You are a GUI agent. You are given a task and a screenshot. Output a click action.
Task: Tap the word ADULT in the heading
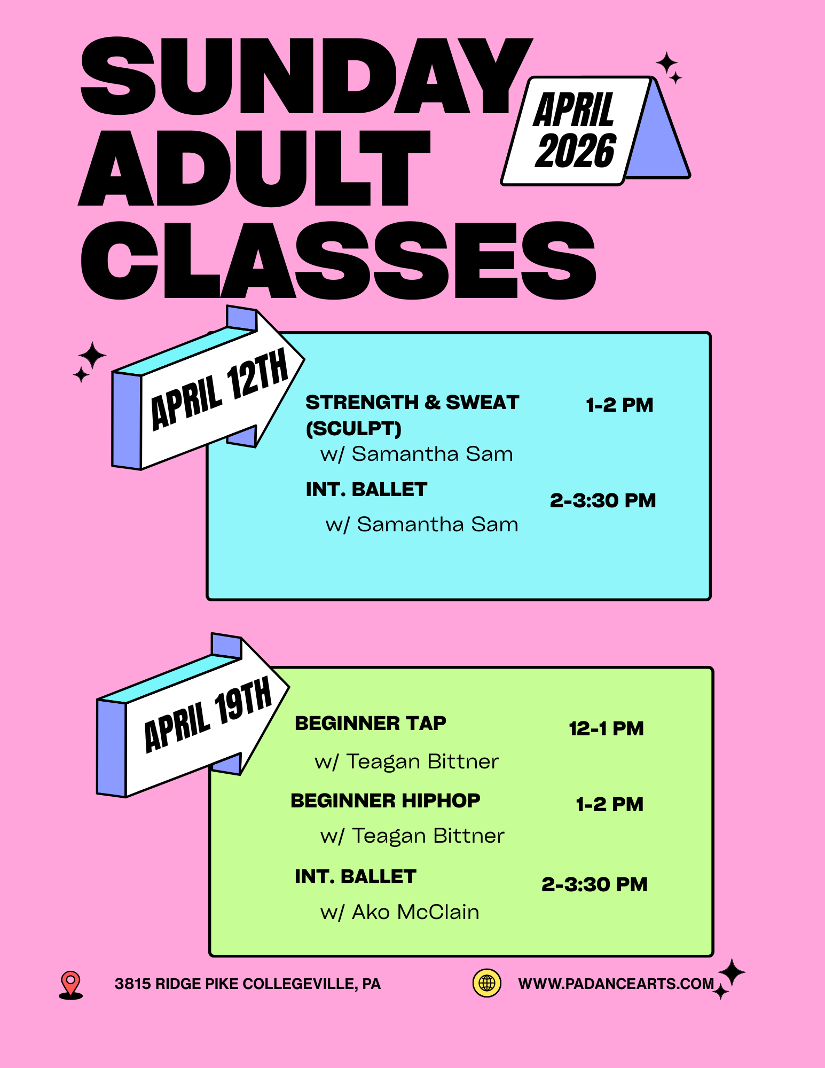pyautogui.click(x=254, y=169)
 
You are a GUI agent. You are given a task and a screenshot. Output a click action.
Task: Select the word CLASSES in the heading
pyautogui.click(x=337, y=261)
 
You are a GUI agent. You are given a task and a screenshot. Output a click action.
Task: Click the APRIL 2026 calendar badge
pyautogui.click(x=576, y=131)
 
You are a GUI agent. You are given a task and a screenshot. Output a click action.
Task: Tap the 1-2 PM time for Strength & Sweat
pyautogui.click(x=619, y=405)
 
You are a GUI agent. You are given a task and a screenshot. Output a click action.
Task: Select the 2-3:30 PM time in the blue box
pyautogui.click(x=603, y=500)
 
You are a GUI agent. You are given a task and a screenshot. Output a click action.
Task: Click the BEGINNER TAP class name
pyautogui.click(x=371, y=723)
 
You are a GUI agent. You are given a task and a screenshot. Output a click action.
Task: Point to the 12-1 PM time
pyautogui.click(x=606, y=728)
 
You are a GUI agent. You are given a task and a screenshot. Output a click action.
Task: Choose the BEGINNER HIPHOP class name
pyautogui.click(x=385, y=800)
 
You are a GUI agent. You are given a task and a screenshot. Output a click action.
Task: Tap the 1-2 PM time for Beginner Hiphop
pyautogui.click(x=609, y=804)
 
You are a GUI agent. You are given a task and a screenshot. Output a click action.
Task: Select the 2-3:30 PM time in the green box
pyautogui.click(x=594, y=884)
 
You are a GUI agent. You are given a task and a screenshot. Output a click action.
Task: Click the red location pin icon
pyautogui.click(x=70, y=984)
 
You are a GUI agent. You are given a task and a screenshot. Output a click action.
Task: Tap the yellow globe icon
pyautogui.click(x=487, y=983)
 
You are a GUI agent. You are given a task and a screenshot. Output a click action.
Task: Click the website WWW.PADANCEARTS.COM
pyautogui.click(x=616, y=984)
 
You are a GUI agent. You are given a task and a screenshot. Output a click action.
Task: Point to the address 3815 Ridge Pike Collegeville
pyautogui.click(x=247, y=984)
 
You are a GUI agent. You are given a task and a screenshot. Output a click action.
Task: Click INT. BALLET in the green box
pyautogui.click(x=355, y=876)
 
